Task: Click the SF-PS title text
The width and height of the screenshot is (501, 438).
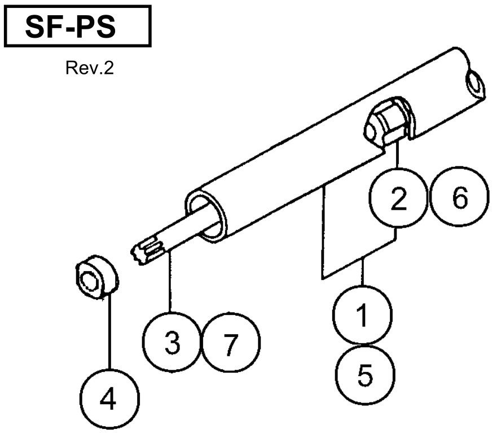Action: pos(71,27)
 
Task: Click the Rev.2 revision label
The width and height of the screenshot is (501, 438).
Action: pos(90,68)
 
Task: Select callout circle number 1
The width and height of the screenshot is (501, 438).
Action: pos(362,315)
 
